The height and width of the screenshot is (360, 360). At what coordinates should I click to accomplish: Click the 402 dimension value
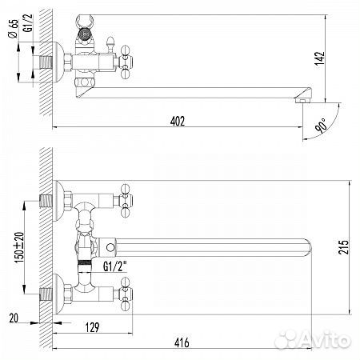coord(178,121)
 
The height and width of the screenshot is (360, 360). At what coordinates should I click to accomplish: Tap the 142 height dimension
coord(319,58)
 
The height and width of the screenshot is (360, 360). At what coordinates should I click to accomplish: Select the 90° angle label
coord(321,126)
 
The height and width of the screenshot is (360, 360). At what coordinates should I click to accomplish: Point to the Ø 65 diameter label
coord(14,29)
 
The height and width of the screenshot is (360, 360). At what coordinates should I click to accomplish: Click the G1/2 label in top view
coord(28,23)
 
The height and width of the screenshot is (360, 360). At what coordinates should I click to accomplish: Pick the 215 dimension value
coord(343,247)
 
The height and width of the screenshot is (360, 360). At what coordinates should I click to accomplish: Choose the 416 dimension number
coord(182,342)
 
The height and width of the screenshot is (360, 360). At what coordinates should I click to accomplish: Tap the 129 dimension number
coord(92,327)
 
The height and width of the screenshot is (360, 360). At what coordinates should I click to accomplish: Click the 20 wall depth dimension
coord(14,318)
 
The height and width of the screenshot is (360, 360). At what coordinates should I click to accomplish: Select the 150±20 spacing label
coord(19,247)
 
